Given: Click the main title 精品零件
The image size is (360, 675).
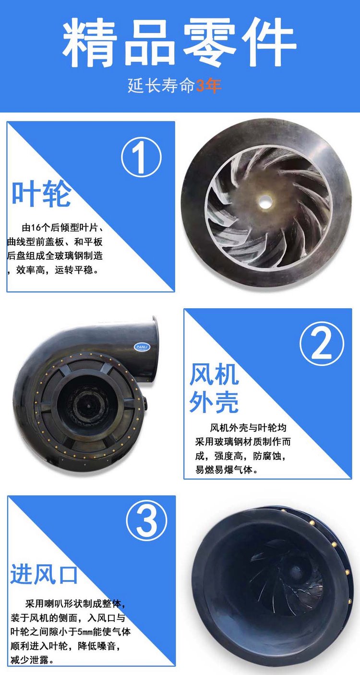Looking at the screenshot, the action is (180, 42).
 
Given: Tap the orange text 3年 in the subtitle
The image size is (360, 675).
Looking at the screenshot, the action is (209, 86).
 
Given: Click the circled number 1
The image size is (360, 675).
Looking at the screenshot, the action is (141, 157).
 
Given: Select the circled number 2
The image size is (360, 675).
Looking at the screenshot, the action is (322, 344).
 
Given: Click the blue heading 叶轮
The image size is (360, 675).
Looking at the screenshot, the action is (41, 193).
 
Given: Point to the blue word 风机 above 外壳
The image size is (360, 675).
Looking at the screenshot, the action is (214, 374).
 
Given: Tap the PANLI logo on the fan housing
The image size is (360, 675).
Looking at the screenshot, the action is (142, 347).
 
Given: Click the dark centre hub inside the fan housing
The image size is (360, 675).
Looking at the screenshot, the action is (88, 406).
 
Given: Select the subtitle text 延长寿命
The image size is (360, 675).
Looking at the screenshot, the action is (161, 86).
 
